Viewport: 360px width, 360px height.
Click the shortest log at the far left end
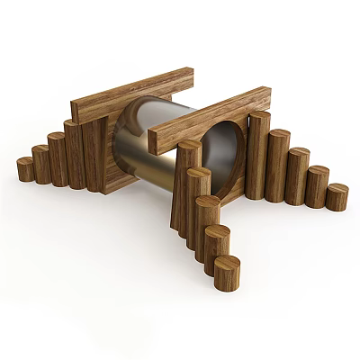pos(25,168)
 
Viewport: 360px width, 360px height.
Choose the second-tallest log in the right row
pos(278,162)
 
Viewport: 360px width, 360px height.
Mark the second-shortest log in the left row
pos(40,163)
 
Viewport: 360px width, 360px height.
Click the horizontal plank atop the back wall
pos(132,94)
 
